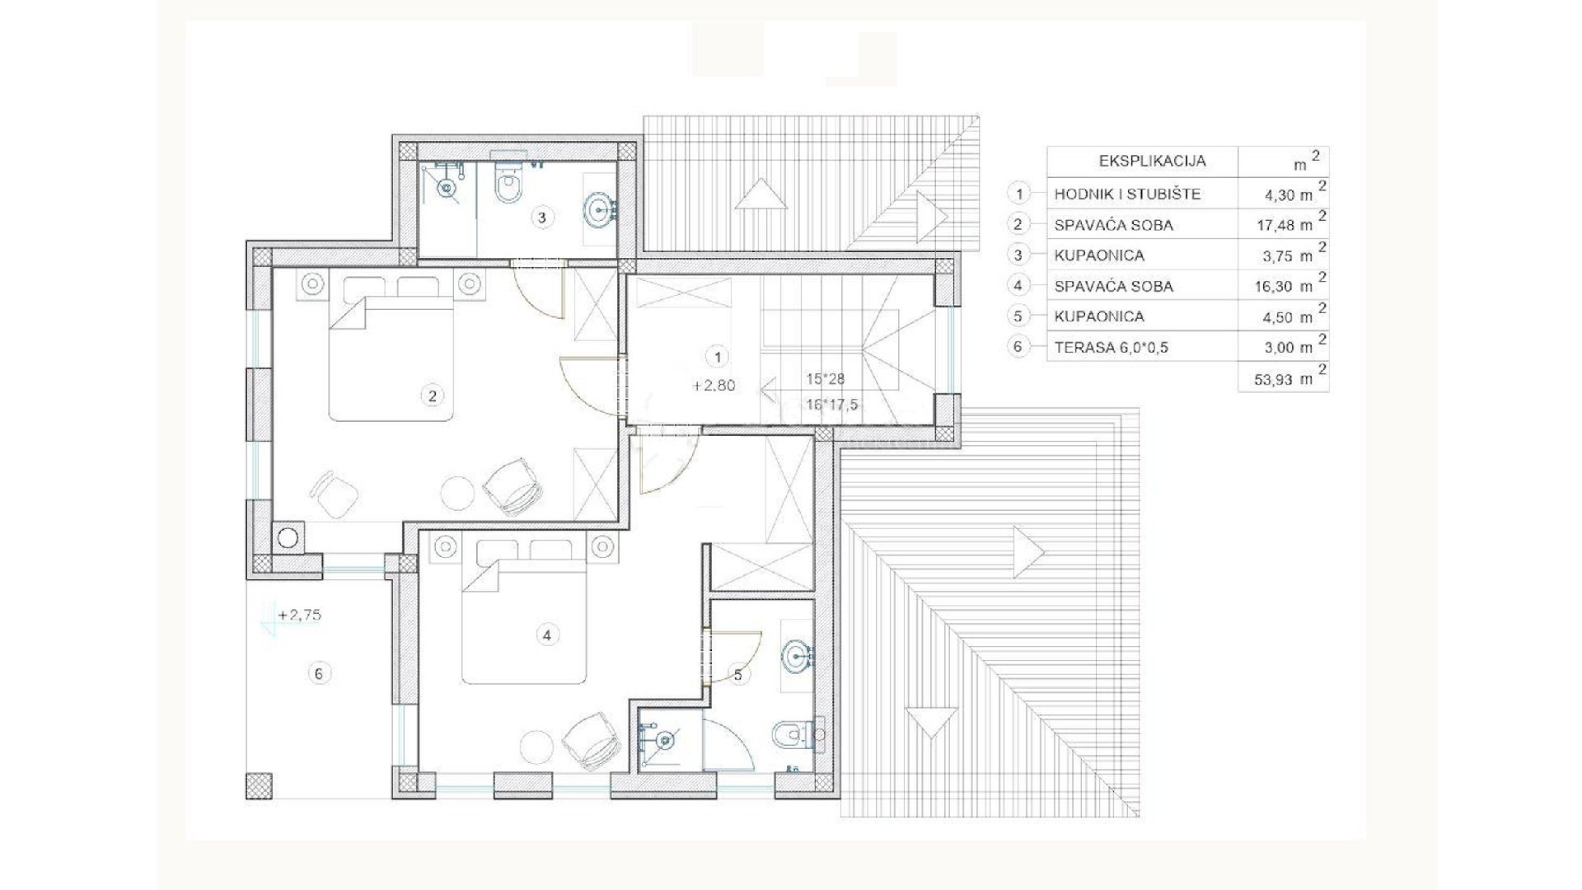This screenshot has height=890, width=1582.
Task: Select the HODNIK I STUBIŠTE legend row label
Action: pyautogui.click(x=1127, y=194)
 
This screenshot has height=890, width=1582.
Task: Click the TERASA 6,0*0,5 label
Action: pyautogui.click(x=1111, y=347)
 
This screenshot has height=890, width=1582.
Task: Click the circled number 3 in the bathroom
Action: pyautogui.click(x=541, y=218)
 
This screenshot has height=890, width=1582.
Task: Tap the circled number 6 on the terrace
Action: pyautogui.click(x=319, y=673)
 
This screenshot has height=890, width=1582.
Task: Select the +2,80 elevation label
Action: pyautogui.click(x=714, y=385)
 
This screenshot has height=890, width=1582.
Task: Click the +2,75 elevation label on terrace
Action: pyautogui.click(x=299, y=615)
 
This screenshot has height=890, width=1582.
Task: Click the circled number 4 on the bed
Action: pyautogui.click(x=546, y=635)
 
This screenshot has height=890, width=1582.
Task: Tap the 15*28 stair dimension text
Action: pyautogui.click(x=826, y=379)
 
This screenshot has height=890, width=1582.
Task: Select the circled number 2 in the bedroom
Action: pyautogui.click(x=432, y=396)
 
